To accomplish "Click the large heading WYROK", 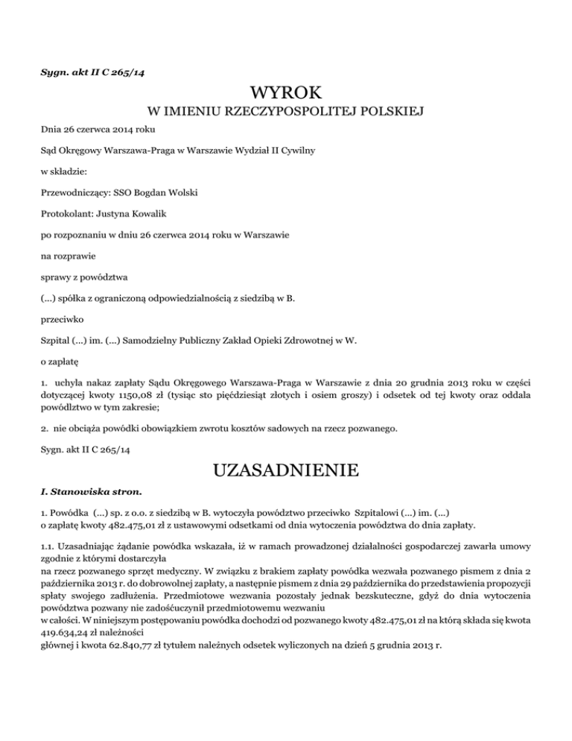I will [286, 94].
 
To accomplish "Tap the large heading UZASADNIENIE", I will [286, 471].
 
